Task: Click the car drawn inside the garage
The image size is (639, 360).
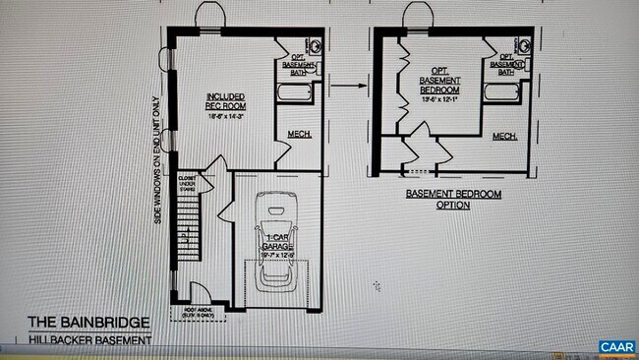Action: [x=276, y=241]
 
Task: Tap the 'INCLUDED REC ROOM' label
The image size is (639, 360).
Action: [x=225, y=101]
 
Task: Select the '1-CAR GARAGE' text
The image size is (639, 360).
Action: [x=276, y=243]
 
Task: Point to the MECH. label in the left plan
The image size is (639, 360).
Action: [x=300, y=134]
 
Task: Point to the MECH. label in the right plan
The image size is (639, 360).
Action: [x=505, y=136]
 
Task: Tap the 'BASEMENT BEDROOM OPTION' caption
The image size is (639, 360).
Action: [x=452, y=200]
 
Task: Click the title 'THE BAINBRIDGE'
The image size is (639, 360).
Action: [x=88, y=322]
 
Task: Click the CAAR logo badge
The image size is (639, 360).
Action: [x=615, y=347]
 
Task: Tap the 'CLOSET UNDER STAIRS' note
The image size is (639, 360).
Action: [x=187, y=183]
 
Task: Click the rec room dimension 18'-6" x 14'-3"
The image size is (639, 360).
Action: [x=225, y=116]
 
